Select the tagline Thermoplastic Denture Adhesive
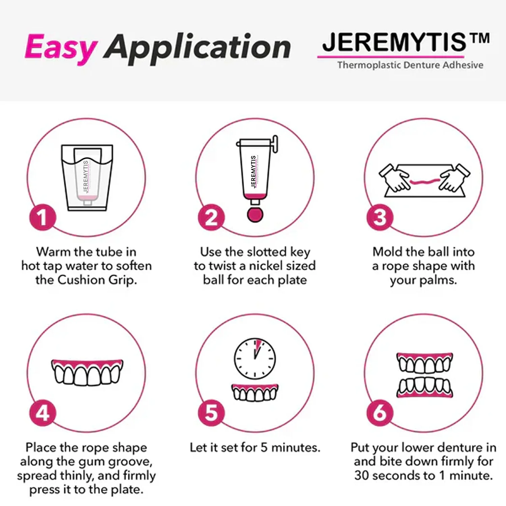click(x=410, y=65)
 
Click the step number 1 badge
click(x=43, y=218)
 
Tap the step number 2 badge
click(x=211, y=218)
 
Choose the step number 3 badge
click(x=380, y=218)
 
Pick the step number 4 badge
click(x=43, y=413)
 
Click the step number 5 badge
click(x=211, y=413)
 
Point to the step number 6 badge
click(x=380, y=413)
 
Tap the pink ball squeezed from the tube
click(x=255, y=215)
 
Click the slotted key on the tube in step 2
click(x=275, y=144)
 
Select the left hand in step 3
click(x=395, y=178)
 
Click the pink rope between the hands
click(x=424, y=182)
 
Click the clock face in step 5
click(x=255, y=358)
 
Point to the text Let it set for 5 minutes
click(x=255, y=448)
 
